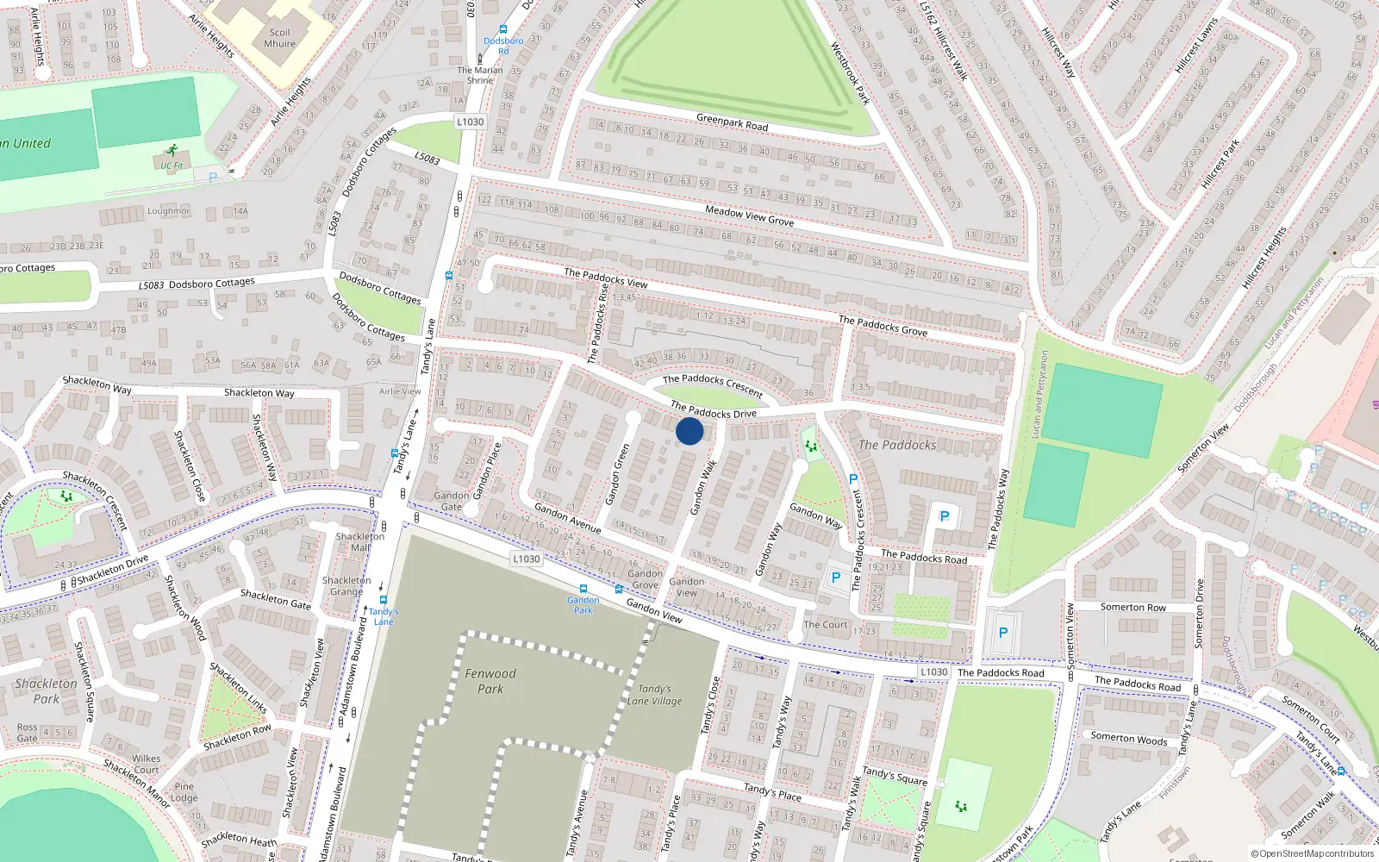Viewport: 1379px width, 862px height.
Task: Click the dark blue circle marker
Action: pos(689,431)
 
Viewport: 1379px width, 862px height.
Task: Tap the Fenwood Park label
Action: pos(490,681)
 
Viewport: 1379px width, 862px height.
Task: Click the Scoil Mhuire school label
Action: pos(279,38)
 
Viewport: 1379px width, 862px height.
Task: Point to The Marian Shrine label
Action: pos(480,75)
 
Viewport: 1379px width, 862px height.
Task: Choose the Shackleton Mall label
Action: pos(360,541)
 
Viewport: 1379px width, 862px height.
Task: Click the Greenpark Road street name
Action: pos(732,122)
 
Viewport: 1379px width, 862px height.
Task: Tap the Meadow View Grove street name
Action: pos(749,215)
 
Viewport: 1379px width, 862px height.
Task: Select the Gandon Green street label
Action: pos(617,474)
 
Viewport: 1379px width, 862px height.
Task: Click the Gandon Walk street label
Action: pos(703,488)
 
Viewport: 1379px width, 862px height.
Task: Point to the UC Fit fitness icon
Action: pos(172,151)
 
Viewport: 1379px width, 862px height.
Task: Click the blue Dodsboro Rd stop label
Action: pos(503,46)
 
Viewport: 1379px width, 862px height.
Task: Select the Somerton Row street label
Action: pos(1133,608)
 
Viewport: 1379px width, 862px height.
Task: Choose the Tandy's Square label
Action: pos(895,777)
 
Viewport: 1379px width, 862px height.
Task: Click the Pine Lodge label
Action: pos(184,791)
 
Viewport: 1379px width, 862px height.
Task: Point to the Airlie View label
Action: pos(400,391)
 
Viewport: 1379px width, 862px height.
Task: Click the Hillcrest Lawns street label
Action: pos(1197,45)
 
